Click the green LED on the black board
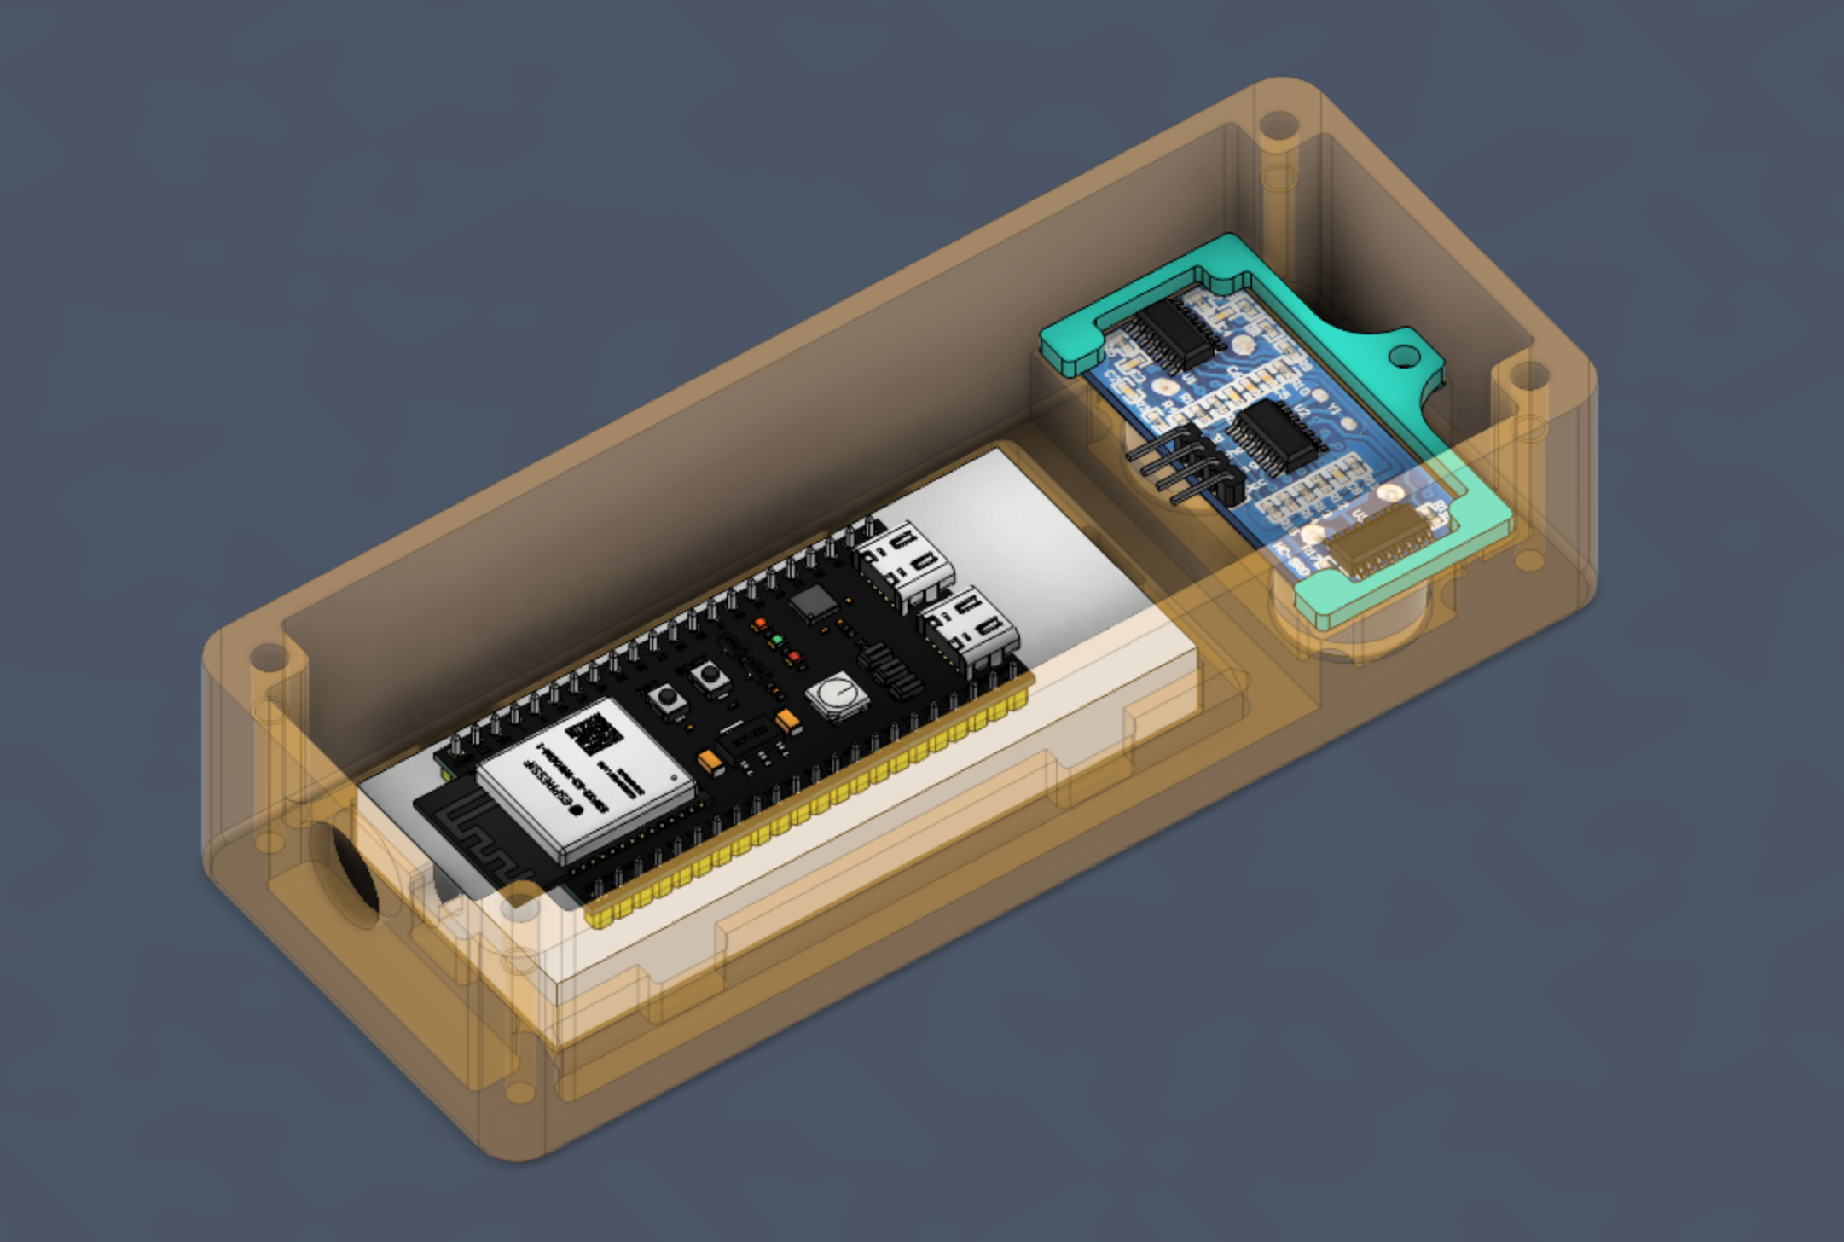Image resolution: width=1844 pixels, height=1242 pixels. point(777,639)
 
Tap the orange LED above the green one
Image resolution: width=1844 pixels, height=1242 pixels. point(758,624)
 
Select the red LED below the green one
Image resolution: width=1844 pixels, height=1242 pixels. point(794,657)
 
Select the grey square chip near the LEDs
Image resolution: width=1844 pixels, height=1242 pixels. point(814,603)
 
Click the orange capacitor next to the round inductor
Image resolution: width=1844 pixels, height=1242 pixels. point(788,722)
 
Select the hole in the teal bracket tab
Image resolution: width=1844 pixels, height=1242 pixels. point(1403,356)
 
